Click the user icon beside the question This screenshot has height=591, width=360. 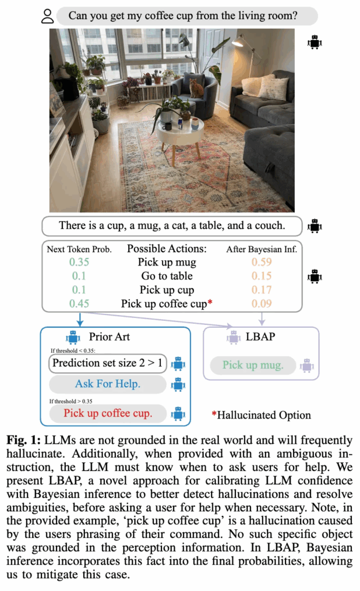47,16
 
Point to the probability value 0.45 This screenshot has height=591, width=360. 80,303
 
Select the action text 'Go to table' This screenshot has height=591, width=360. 167,276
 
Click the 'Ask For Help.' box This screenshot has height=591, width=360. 107,384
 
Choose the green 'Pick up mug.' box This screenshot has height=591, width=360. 253,365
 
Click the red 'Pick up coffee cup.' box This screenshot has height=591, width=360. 107,413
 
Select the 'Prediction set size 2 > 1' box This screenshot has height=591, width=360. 107,363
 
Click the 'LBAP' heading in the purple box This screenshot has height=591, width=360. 265,337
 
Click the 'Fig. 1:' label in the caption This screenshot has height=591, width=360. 23,440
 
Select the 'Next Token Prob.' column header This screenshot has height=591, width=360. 79,249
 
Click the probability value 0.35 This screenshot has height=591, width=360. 80,263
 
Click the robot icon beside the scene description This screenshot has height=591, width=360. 314,226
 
